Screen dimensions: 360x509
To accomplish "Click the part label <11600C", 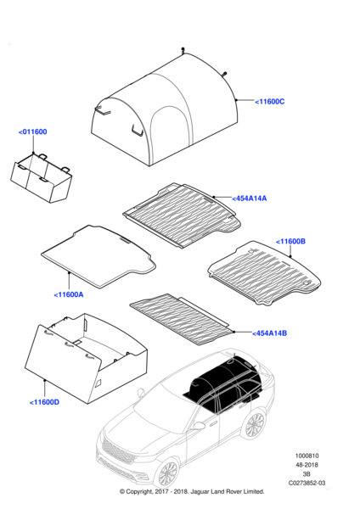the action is click(270, 102).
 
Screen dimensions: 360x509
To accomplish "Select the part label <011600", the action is click(33, 131).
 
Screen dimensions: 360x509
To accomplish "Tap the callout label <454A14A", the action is click(250, 199).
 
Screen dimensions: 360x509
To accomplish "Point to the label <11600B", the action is click(290, 242).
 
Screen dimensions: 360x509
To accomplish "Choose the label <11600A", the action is click(69, 294).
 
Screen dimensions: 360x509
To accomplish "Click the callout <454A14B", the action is click(270, 333).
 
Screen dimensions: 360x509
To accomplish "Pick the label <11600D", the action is click(44, 402).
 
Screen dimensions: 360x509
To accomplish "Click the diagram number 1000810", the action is click(307, 456).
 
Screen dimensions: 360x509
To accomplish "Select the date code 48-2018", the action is click(307, 465).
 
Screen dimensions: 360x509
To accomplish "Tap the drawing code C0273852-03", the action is click(307, 483).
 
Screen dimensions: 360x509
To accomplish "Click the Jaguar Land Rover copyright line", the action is click(192, 491).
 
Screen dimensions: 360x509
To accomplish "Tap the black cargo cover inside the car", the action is click(224, 383).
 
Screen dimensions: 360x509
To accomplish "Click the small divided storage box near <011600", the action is click(42, 178).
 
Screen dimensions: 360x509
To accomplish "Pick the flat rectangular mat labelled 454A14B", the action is click(182, 319).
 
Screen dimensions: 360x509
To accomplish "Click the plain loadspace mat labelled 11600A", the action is click(98, 256).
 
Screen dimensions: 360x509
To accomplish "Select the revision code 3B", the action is click(307, 474).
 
